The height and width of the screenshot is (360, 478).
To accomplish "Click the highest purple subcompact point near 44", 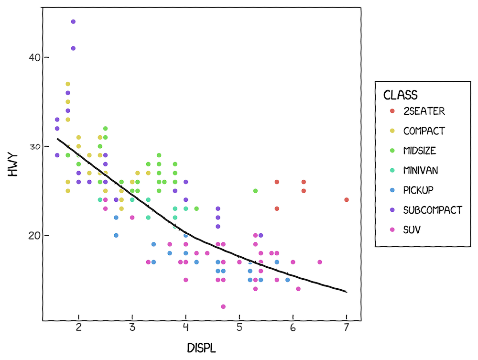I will coord(73,22).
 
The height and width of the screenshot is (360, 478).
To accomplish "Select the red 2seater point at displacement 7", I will coord(347,200).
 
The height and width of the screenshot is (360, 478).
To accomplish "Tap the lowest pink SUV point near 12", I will coord(223,306).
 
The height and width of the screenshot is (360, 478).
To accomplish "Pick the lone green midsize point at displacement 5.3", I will coord(255,191).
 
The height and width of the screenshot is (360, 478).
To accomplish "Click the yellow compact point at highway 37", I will coord(68,84).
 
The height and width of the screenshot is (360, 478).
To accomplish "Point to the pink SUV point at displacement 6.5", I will coord(320,262).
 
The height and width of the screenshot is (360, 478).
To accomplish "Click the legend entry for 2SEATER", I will coord(424,111).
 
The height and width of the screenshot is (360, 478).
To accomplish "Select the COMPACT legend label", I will coord(424,131).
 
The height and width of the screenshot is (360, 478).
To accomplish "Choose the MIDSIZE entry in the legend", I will coord(420,151).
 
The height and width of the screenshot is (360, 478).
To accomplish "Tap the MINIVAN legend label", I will coord(420,170).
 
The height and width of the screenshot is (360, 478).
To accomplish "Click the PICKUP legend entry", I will coord(418,190).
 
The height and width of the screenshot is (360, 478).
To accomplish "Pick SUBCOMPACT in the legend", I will coord(433,209).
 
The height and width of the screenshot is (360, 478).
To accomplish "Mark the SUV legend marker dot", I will coord(392,229).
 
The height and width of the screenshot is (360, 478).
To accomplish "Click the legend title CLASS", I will coord(401,95).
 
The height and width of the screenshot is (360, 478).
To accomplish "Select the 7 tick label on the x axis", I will coord(347,328).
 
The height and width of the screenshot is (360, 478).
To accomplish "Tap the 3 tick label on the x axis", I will coord(132,328).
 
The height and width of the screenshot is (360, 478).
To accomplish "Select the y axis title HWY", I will coord(13,164).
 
